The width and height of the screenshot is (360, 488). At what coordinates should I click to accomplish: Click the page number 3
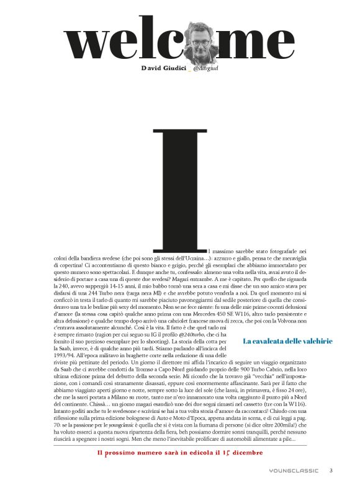331,471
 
